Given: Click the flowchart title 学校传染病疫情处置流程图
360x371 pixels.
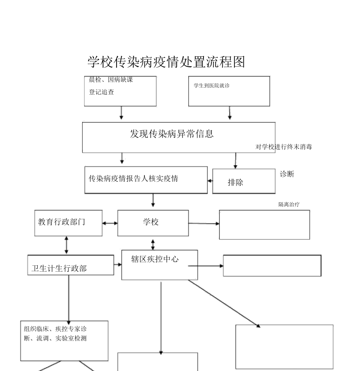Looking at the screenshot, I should [x=166, y=62].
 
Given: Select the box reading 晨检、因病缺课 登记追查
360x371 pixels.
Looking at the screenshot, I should [x=120, y=91].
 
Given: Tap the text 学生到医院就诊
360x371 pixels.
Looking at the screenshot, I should [x=212, y=85].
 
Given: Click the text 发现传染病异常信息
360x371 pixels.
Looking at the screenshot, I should [x=172, y=134].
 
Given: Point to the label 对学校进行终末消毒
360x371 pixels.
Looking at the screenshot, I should [x=284, y=147].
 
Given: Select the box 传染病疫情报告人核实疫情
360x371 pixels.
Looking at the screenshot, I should [x=146, y=180].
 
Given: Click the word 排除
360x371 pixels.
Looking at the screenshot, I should [x=236, y=182].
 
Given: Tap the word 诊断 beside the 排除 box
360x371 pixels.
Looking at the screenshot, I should [x=287, y=174].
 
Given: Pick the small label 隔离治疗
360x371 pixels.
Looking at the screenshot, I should [x=289, y=204].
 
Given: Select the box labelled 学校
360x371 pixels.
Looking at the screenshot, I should [x=153, y=223].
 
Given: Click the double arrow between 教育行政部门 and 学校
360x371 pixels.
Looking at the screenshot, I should [x=110, y=223].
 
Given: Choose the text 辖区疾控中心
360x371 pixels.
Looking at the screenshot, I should [x=155, y=259].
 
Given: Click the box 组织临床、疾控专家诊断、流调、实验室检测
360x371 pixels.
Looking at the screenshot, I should [x=64, y=340].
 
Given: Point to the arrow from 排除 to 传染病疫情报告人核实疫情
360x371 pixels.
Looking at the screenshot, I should [x=210, y=181].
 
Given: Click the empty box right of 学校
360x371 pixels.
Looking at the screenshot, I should [x=264, y=225].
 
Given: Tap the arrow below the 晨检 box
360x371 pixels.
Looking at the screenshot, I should [x=121, y=112].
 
